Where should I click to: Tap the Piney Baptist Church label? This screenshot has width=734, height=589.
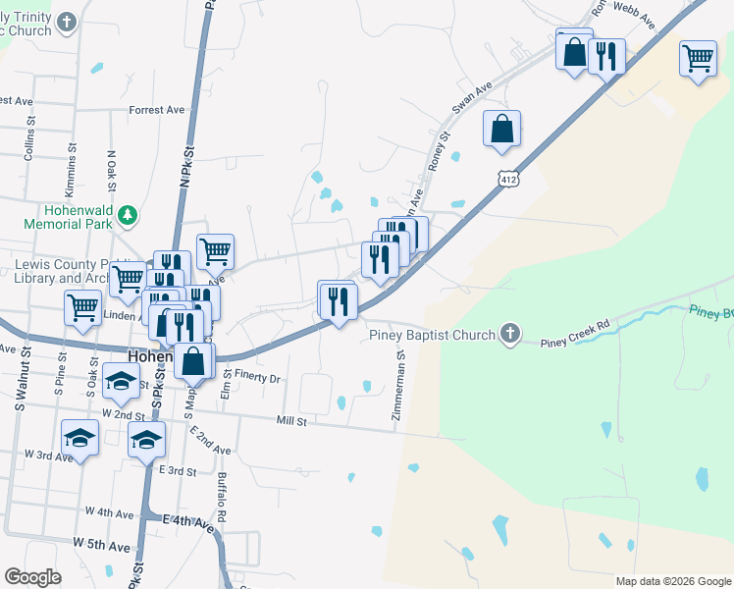pyautogui.click(x=432, y=335)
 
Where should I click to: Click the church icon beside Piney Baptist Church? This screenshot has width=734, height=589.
pyautogui.click(x=509, y=335)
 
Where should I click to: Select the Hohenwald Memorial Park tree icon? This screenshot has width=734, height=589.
pyautogui.click(x=127, y=214)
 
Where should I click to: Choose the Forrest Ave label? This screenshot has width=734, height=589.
pyautogui.click(x=156, y=110)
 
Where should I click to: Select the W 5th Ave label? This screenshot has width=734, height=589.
pyautogui.click(x=101, y=543)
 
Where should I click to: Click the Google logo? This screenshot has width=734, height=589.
pyautogui.click(x=32, y=577)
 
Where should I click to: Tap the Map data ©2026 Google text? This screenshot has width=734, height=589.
pyautogui.click(x=672, y=581)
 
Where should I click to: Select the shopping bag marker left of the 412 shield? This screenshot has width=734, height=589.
pyautogui.click(x=501, y=129)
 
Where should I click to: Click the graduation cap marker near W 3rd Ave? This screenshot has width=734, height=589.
pyautogui.click(x=80, y=437)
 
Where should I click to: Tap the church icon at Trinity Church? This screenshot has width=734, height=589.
pyautogui.click(x=67, y=22)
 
